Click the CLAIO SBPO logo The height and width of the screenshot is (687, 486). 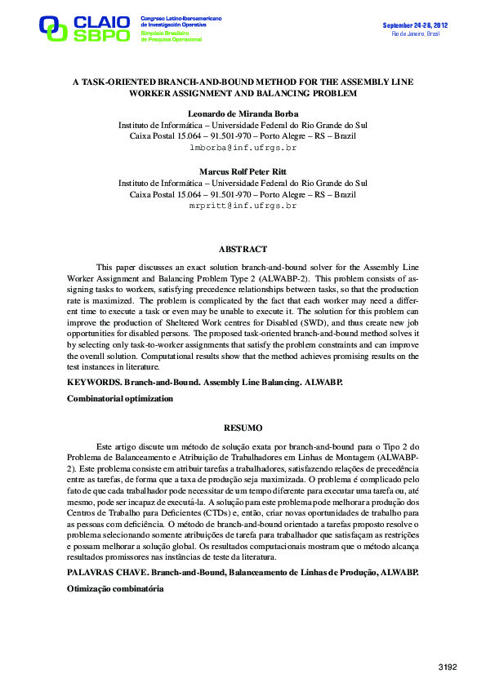[x=85, y=28]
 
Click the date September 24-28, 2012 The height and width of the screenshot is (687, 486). [x=415, y=25]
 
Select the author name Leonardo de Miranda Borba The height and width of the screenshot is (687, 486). [x=243, y=114]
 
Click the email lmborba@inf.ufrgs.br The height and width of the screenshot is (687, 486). [x=243, y=149]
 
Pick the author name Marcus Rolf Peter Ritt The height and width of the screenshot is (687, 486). [x=243, y=172]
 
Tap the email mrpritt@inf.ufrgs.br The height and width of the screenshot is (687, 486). [x=243, y=207]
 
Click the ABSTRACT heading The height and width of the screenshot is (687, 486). [x=243, y=249]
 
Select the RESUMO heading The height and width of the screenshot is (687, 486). [x=243, y=428]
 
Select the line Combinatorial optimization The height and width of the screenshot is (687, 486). [x=119, y=398]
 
